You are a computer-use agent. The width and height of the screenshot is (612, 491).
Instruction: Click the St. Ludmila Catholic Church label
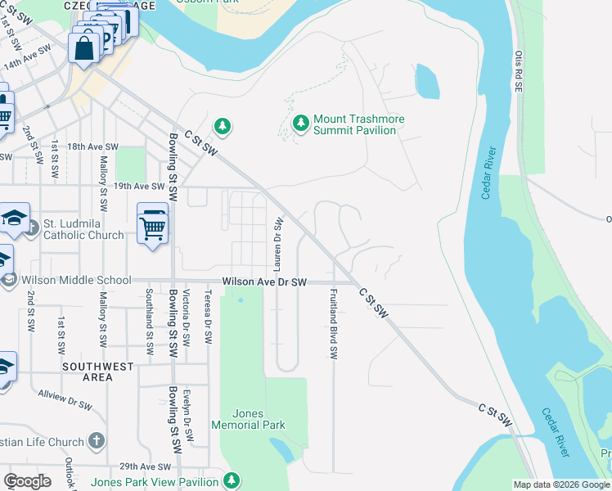point(83,229)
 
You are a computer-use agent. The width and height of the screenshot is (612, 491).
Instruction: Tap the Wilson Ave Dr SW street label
point(263,282)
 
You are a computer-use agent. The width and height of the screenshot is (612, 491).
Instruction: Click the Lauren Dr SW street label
point(278,245)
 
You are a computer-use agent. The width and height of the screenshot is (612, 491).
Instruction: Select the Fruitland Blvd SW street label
point(333,323)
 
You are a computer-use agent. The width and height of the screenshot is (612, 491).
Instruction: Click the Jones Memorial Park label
point(248,419)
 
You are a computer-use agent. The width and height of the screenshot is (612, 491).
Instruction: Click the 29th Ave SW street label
point(137,464)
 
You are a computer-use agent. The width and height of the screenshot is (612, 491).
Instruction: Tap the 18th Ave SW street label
point(92,146)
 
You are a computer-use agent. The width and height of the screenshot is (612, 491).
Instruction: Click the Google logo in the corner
point(27,481)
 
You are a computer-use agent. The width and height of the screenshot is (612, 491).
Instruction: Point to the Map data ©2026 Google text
point(561,484)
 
